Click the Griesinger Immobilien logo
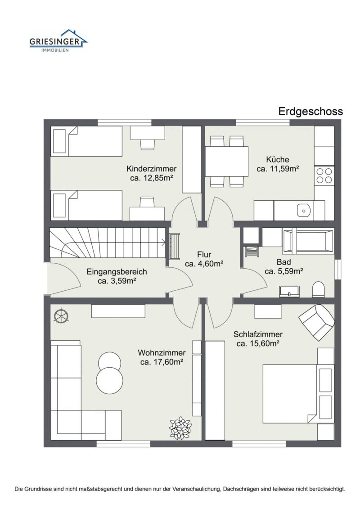click(x=58, y=41)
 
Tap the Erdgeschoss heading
click(x=310, y=111)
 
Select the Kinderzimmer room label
click(x=151, y=169)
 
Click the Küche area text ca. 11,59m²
click(x=278, y=169)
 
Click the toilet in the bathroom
click(x=318, y=289)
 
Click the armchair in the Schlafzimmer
click(x=317, y=322)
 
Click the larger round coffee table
click(x=109, y=381)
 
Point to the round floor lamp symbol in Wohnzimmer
click(x=60, y=316)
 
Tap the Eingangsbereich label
click(x=117, y=272)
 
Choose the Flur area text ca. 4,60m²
click(x=204, y=264)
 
